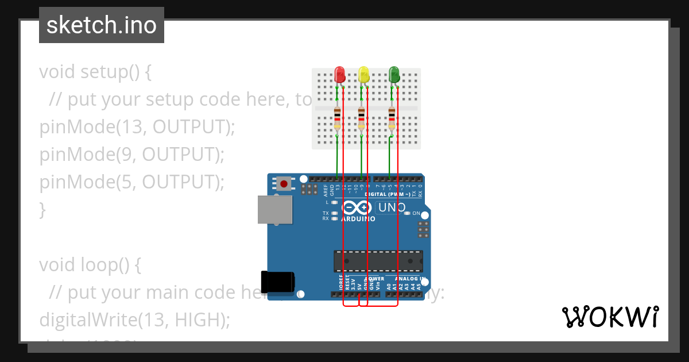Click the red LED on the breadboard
(x=339, y=74)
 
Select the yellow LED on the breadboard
(x=363, y=74)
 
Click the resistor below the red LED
(x=337, y=118)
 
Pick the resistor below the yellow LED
(x=361, y=118)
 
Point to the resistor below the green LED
(x=392, y=118)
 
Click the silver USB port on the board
(x=275, y=210)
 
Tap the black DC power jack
(x=278, y=282)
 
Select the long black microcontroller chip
(x=378, y=261)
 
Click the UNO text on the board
(x=392, y=207)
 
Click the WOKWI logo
(x=610, y=317)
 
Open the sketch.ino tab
(x=102, y=25)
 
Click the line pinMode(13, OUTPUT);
(x=137, y=127)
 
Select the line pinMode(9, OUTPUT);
(x=131, y=155)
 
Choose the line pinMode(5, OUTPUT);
(x=131, y=182)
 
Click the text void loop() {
(x=90, y=265)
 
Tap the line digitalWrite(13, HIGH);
(x=134, y=320)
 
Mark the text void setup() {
(x=95, y=72)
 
